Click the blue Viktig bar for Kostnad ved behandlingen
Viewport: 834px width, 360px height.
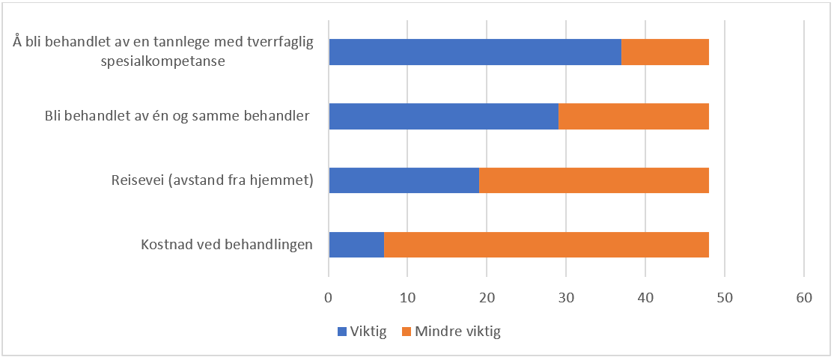click(x=356, y=245)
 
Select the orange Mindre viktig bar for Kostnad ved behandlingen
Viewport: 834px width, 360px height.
click(x=547, y=245)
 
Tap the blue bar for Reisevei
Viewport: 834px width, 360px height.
click(x=404, y=180)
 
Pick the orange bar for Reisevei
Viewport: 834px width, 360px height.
click(x=594, y=180)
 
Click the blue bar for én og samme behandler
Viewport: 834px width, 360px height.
click(x=443, y=116)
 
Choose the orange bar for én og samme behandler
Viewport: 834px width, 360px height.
click(x=633, y=116)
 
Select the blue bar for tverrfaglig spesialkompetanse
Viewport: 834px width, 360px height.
click(x=475, y=52)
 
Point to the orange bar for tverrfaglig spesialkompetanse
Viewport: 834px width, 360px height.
click(x=665, y=52)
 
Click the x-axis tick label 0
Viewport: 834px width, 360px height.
click(x=329, y=298)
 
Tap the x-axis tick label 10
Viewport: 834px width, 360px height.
click(x=407, y=298)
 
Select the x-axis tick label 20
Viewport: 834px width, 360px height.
click(x=487, y=298)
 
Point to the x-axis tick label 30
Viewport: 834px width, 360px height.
click(x=566, y=298)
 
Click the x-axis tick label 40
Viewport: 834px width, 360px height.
click(x=645, y=298)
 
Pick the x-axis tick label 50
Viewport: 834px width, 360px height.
click(x=724, y=298)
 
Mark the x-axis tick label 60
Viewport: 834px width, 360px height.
click(x=803, y=298)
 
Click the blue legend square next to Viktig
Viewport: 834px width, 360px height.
click(x=342, y=332)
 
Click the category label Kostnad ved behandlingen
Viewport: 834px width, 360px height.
click(x=226, y=245)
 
